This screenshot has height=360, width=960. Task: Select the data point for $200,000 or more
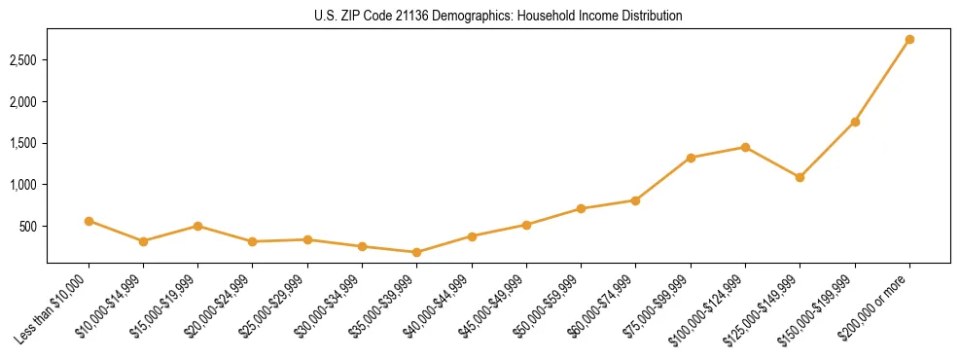click(909, 40)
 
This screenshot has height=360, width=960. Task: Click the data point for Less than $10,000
click(89, 221)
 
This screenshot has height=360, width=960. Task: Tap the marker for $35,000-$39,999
click(417, 252)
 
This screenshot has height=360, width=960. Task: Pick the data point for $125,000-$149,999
click(800, 177)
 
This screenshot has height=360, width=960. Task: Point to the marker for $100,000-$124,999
click(745, 147)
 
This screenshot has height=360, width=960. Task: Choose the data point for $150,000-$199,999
click(855, 122)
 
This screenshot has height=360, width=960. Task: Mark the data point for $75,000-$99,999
click(691, 158)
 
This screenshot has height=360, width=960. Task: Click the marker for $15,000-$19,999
click(198, 226)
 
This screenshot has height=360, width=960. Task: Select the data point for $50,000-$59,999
click(581, 208)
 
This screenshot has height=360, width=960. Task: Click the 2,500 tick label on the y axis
click(24, 60)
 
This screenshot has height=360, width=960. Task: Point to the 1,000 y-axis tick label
click(24, 185)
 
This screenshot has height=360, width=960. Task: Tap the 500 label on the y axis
click(30, 227)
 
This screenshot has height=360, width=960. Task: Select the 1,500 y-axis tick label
click(24, 143)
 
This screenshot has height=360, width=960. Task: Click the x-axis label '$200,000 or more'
click(880, 302)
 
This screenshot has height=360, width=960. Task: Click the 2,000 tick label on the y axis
click(24, 102)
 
